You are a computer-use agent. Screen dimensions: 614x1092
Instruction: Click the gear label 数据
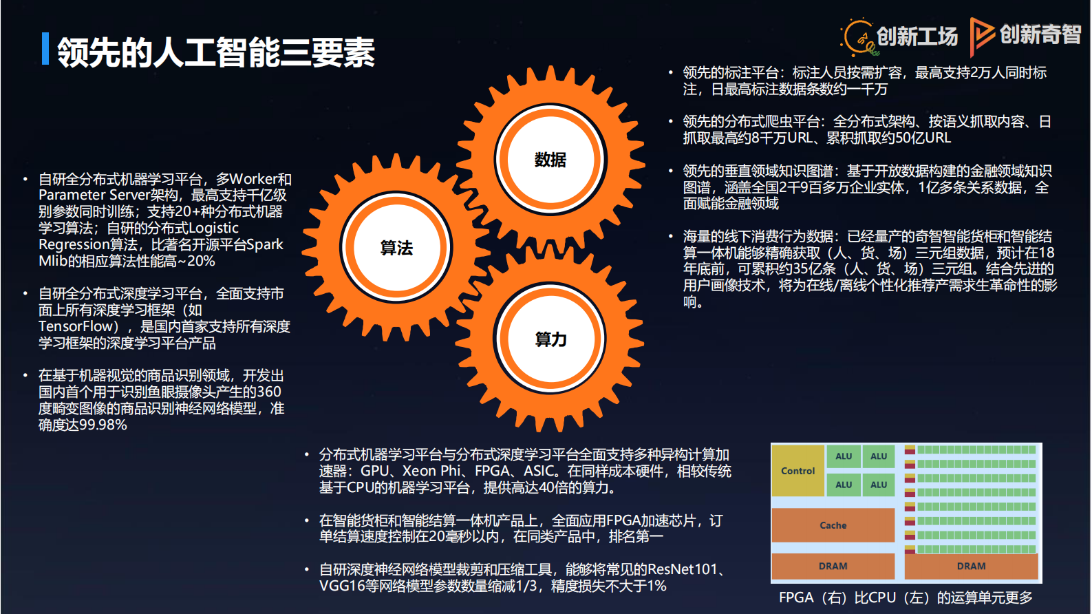tap(550, 160)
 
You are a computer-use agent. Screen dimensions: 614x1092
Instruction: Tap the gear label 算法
tap(396, 248)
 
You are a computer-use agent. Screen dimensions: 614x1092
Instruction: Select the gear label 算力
tap(550, 339)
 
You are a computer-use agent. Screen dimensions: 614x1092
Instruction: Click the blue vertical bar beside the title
tap(45, 49)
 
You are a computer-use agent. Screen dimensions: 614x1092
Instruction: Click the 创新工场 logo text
tap(917, 36)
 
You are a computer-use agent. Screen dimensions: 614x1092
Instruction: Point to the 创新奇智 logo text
tap(1040, 34)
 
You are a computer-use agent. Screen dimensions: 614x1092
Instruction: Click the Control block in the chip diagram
tap(797, 471)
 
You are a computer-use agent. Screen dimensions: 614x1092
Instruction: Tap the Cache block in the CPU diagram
tap(833, 525)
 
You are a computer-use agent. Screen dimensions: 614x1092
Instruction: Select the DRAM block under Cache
tap(833, 566)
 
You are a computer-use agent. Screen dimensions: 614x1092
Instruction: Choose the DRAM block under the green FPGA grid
tap(971, 566)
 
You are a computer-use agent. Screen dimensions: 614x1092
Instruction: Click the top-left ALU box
tap(844, 456)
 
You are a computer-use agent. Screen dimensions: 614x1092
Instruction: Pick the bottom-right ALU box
tap(879, 485)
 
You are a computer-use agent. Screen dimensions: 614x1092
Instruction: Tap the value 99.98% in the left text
tap(103, 425)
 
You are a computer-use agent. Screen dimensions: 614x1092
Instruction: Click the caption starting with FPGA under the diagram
tap(906, 597)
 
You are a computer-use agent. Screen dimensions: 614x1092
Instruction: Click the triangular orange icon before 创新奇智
tap(981, 35)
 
